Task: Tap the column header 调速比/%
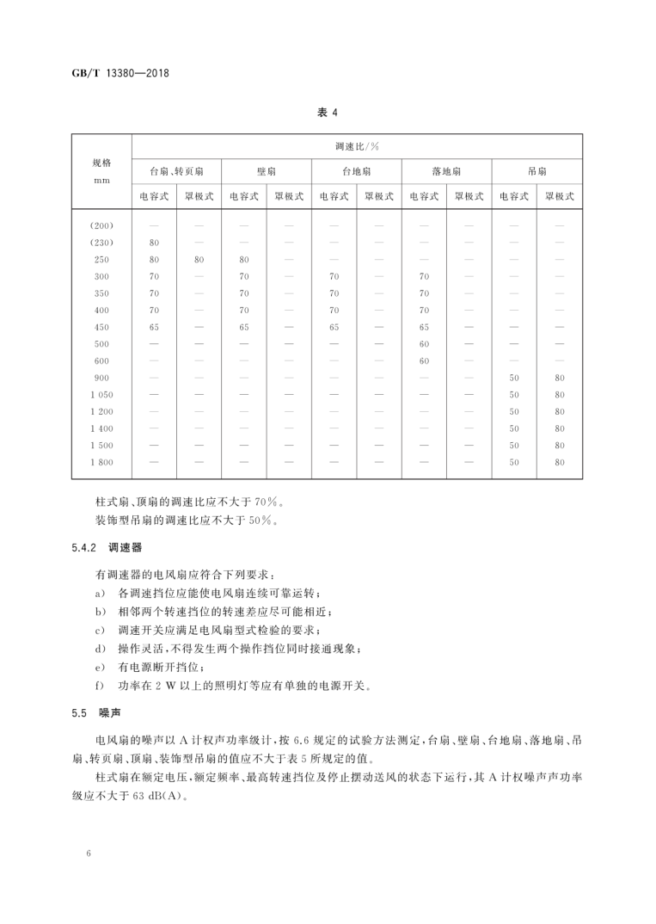357,146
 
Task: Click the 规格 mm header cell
101,170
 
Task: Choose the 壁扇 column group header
267,172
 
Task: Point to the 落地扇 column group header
446,172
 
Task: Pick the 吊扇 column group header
536,172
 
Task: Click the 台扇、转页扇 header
176,172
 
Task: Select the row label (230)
101,243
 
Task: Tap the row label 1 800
101,462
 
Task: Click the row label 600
101,360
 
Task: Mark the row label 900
101,378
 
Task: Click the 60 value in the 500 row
424,344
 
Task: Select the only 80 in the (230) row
155,243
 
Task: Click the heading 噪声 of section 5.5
109,713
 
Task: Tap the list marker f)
101,686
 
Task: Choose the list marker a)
101,594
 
